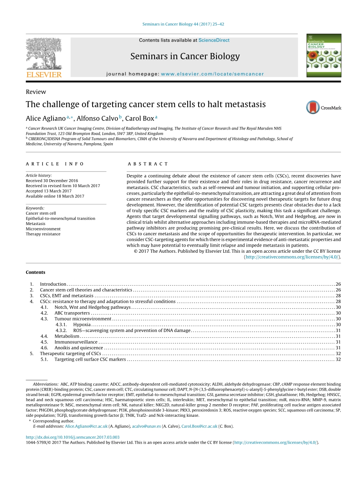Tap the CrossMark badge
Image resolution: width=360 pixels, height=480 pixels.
point(324,107)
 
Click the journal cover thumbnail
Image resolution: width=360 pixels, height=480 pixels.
point(324,55)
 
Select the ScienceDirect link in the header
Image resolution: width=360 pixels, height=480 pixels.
point(214,40)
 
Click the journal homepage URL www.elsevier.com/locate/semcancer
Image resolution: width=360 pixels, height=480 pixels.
point(212,74)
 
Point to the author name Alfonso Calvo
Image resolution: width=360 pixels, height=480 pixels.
point(97,118)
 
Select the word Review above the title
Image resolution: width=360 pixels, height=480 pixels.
point(36,92)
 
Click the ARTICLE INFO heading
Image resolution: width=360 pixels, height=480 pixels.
point(55,164)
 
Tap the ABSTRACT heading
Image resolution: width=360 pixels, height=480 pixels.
point(148,164)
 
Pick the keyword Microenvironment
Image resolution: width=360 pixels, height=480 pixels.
point(43,229)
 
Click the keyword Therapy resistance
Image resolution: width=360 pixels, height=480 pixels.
point(43,234)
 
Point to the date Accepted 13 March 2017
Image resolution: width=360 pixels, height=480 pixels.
point(49,191)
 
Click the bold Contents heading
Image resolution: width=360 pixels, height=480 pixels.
point(35,272)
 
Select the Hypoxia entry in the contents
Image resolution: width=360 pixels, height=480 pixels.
point(82,325)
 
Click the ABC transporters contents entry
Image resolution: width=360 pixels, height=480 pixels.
point(72,313)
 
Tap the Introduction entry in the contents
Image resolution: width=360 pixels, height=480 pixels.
point(53,284)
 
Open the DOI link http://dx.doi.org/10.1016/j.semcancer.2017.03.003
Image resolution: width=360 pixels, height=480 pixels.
point(72,437)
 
